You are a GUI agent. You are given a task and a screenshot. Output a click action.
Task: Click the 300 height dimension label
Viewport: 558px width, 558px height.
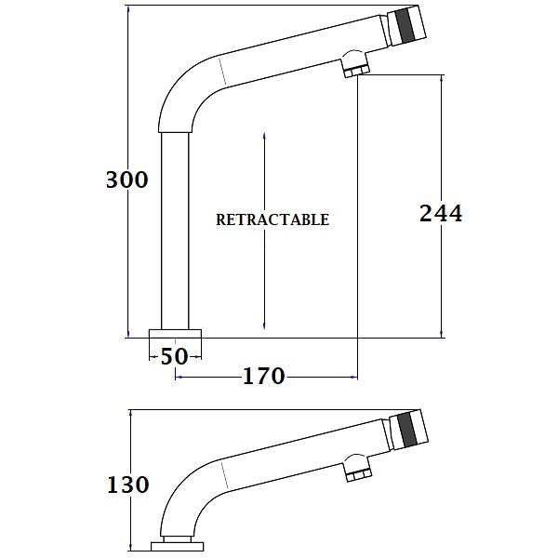(127, 180)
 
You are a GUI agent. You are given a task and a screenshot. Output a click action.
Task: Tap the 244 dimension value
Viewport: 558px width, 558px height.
(441, 213)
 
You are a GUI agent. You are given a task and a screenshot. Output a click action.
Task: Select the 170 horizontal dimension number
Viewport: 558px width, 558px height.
(263, 377)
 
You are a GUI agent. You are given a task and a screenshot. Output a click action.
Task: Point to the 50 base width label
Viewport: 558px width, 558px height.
(175, 355)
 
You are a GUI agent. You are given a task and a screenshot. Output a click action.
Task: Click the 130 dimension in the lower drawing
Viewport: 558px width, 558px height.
(127, 485)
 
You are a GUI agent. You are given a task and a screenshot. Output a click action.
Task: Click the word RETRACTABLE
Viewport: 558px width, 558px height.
(272, 220)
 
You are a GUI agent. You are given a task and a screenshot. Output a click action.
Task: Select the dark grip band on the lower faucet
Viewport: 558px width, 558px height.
(406, 430)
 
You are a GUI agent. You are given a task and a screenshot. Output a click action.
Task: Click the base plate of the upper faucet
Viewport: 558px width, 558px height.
(176, 335)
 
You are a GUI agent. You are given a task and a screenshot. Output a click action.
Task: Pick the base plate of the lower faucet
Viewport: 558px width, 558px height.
(176, 546)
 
